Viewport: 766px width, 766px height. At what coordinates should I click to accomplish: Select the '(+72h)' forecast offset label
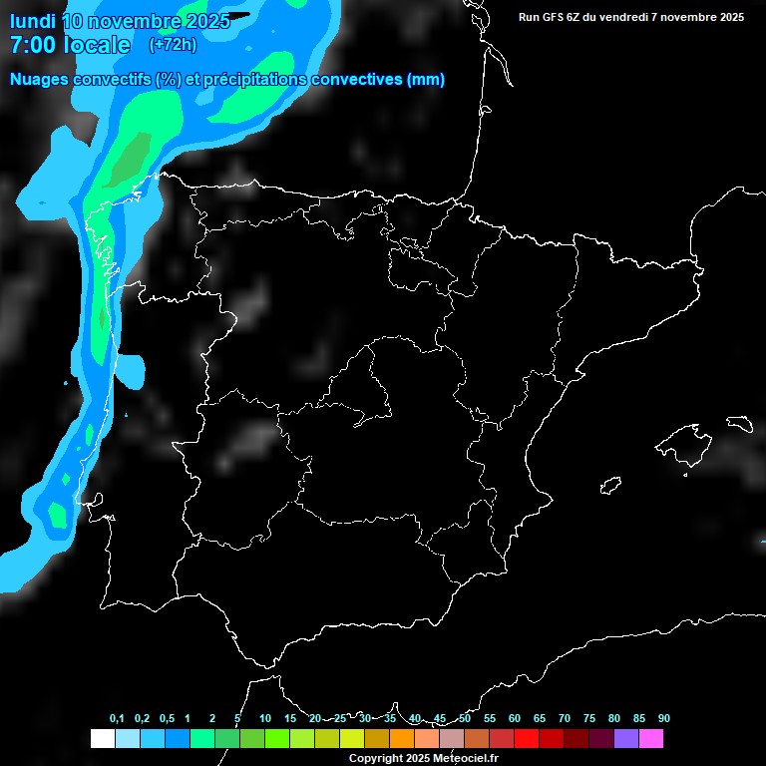pos(173,45)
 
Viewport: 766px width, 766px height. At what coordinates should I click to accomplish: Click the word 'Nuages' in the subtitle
pos(41,80)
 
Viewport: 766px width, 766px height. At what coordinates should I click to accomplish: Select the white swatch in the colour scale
pos(102,738)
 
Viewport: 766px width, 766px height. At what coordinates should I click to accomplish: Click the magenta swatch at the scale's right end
pos(650,738)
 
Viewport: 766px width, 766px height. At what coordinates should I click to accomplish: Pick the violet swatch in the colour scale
pos(625,738)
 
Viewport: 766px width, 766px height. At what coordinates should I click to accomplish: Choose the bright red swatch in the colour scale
pos(526,738)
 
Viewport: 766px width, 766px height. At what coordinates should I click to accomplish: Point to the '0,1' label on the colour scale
pos(117,719)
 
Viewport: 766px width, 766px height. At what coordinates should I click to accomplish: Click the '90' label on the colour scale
pos(663,719)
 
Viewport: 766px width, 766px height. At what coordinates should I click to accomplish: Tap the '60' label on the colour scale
pos(514,719)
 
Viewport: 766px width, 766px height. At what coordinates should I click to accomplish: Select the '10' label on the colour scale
pos(264,719)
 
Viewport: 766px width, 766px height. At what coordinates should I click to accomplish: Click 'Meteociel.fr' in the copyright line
pos(465,758)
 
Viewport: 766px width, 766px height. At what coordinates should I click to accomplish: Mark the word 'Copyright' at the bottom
pos(376,758)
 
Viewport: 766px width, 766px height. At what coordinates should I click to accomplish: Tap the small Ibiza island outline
pos(611,485)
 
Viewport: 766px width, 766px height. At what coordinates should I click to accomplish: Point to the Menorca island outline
pos(739,423)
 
